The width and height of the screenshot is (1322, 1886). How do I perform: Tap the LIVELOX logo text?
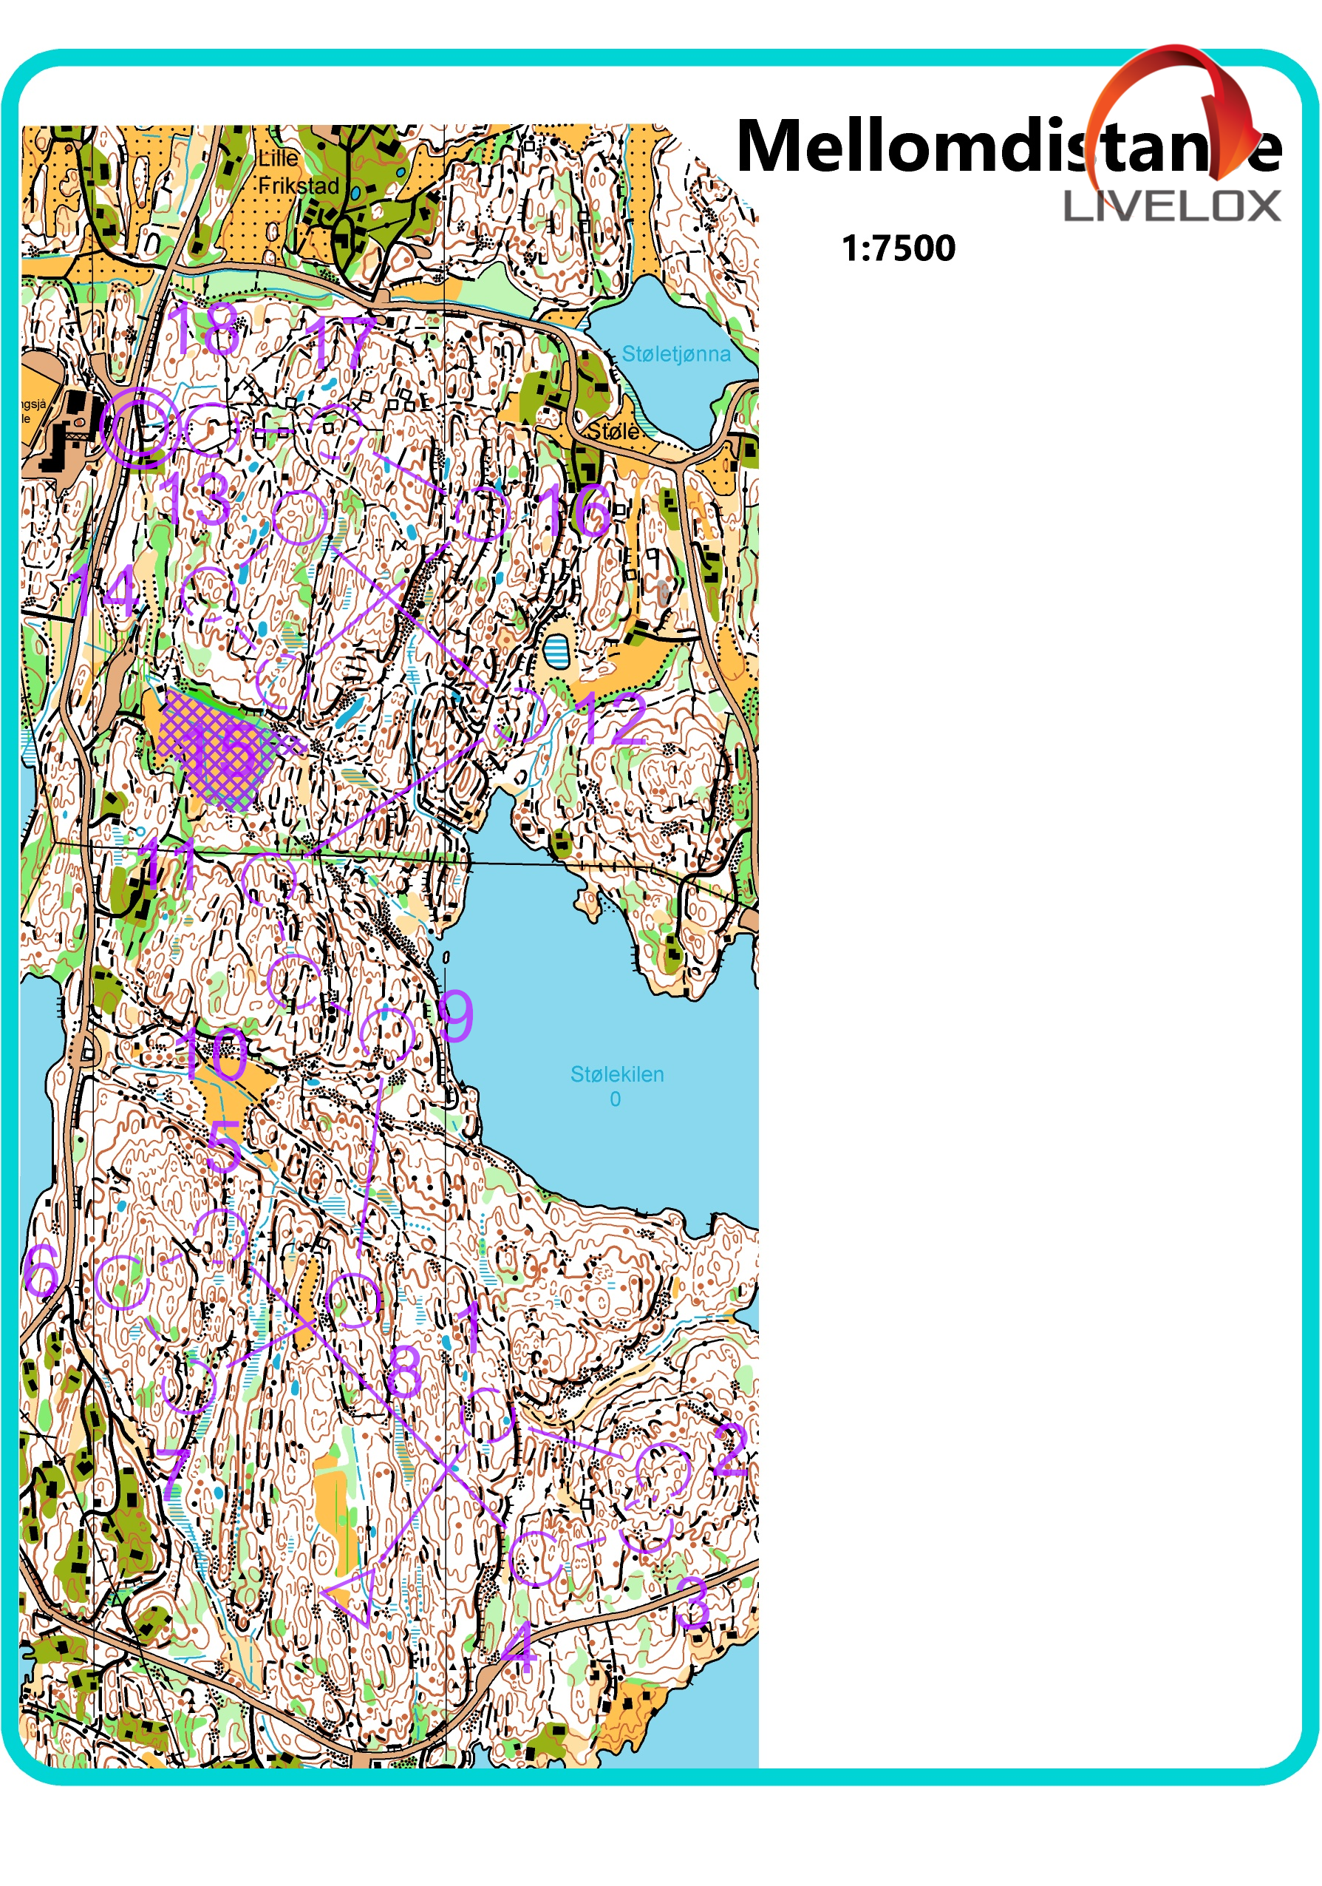[1171, 206]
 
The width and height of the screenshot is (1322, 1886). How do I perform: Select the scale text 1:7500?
[899, 248]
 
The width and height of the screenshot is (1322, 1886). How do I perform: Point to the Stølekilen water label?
[616, 1074]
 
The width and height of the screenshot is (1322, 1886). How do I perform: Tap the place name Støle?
[613, 430]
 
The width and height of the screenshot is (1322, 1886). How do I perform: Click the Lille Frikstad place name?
[298, 172]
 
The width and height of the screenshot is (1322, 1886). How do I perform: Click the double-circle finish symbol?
[140, 428]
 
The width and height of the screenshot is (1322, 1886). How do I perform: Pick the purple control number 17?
[339, 342]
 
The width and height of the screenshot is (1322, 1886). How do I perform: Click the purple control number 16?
[574, 510]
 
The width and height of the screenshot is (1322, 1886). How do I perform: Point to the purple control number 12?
[612, 719]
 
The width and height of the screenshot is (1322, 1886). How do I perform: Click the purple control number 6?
[41, 1269]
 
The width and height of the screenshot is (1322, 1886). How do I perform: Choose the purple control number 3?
[692, 1602]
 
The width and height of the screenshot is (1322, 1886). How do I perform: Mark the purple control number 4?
[519, 1647]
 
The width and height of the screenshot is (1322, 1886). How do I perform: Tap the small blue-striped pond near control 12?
[556, 651]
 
